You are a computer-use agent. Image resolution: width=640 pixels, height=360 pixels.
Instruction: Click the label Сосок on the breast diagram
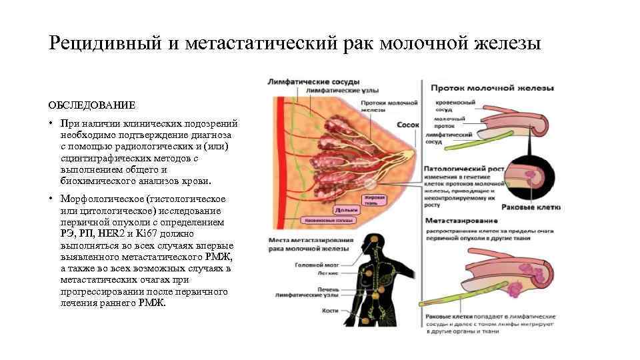407,124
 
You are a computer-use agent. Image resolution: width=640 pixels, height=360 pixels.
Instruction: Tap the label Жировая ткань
374,199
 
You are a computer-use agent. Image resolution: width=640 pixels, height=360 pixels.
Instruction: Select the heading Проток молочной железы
493,88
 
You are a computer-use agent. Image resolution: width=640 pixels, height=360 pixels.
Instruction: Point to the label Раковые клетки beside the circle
533,207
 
